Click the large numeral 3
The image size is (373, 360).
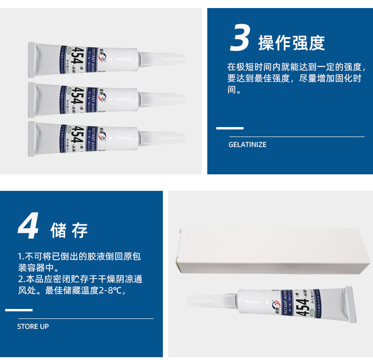pyautogui.click(x=240, y=38)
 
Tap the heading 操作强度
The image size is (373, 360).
pyautogui.click(x=291, y=43)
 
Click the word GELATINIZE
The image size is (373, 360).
pyautogui.click(x=247, y=145)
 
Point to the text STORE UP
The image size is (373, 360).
pyautogui.click(x=33, y=326)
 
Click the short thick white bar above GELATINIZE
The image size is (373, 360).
pyautogui.click(x=230, y=128)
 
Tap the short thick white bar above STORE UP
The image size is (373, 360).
pyautogui.click(x=19, y=310)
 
